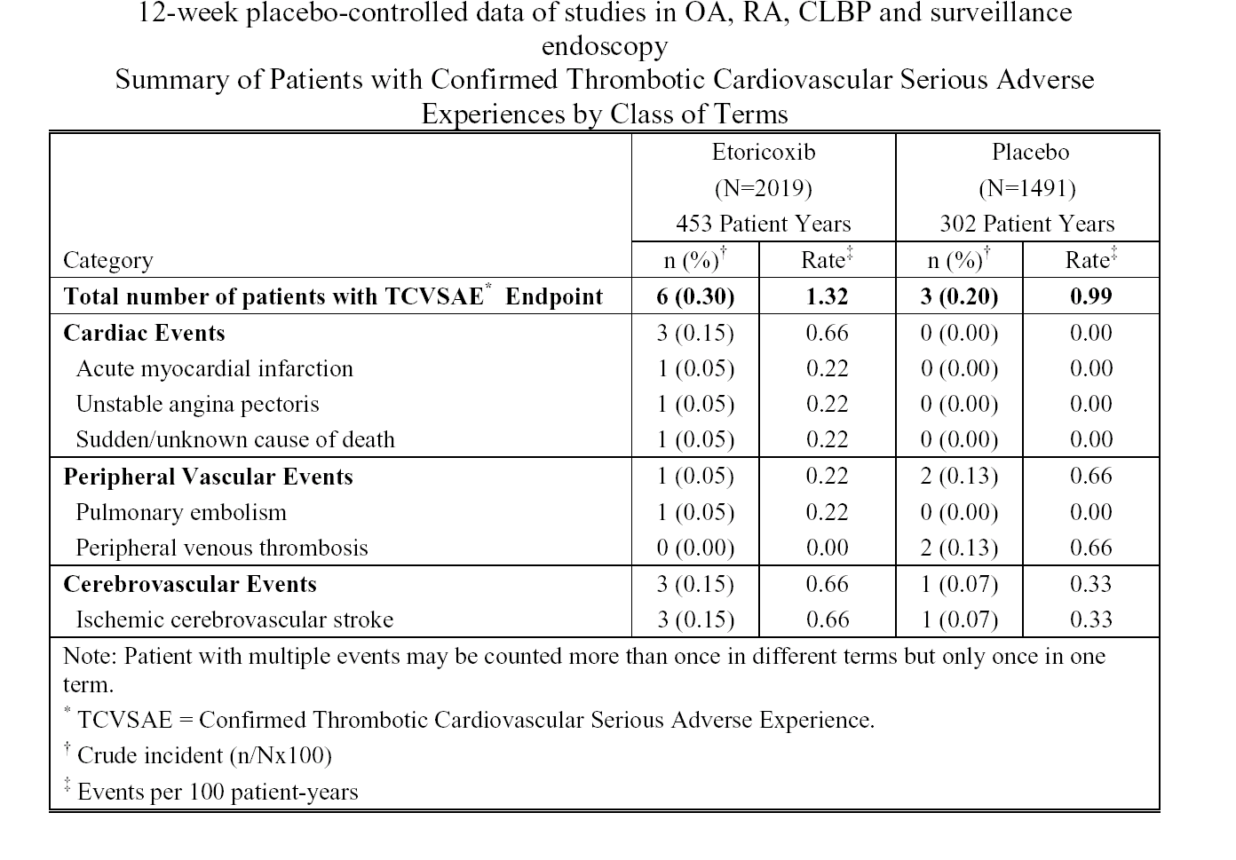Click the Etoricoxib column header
763,153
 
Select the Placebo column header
1030,153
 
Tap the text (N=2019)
763,189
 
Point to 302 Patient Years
1026,224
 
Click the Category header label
108,260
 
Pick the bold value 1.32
827,296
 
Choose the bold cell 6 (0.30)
695,296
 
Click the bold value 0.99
1091,296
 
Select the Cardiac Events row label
144,333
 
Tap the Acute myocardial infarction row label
214,368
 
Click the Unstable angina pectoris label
197,405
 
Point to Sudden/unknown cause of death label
235,439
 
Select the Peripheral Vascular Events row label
208,477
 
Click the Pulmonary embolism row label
181,512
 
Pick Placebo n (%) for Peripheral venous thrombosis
959,548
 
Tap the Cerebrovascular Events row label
190,584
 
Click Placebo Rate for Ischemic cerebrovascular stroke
1091,619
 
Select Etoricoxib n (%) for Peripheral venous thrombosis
695,548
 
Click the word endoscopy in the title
604,47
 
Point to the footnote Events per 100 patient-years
218,793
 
